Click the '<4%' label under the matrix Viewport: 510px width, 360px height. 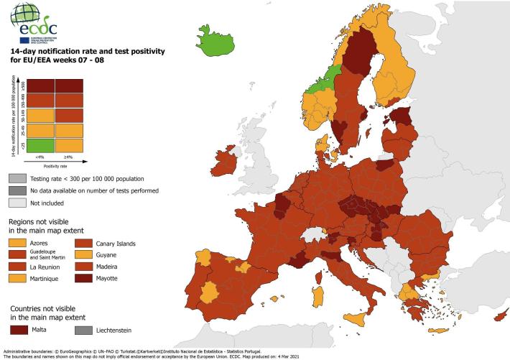[39, 157]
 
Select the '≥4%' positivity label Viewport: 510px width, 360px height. [68, 157]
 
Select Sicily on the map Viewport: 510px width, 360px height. [354, 317]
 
